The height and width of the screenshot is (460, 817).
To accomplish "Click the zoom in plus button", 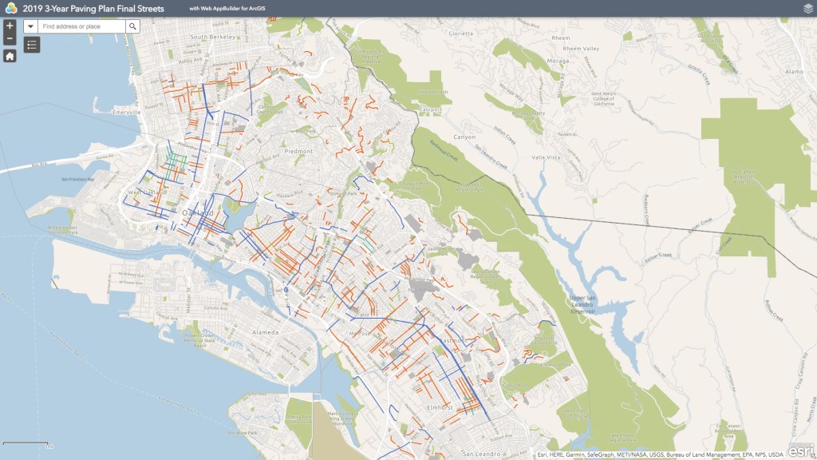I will [x=10, y=26].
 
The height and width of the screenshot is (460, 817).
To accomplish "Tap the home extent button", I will [x=10, y=56].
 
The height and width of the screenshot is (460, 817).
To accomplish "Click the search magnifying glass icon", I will [x=133, y=26].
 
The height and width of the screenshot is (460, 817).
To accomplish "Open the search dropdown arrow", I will [x=31, y=26].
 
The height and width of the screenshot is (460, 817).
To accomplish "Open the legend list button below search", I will [x=32, y=46].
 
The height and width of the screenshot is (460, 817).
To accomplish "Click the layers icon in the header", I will [x=807, y=8].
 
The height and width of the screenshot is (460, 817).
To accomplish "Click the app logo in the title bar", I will [x=10, y=8].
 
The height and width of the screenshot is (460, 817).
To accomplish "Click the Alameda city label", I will [x=265, y=331].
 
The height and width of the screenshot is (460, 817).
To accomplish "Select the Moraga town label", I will [x=558, y=60].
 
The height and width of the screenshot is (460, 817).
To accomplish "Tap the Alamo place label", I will [x=794, y=71].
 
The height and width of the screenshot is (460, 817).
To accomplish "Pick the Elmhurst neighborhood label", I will [x=440, y=407].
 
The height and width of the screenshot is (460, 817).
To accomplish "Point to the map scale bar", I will [x=26, y=443].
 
